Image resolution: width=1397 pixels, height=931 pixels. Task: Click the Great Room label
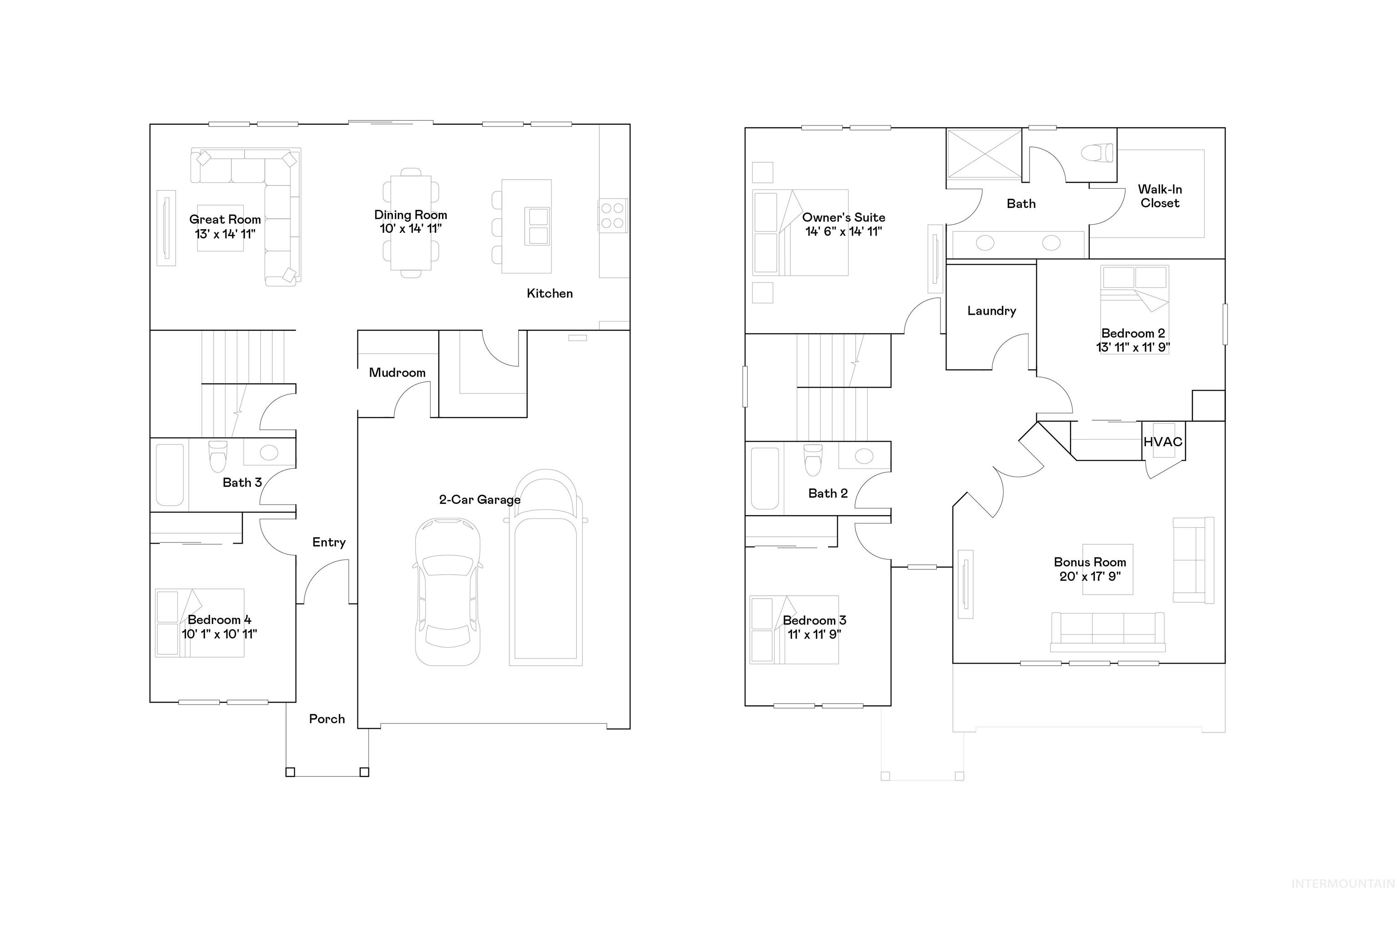pos(225,219)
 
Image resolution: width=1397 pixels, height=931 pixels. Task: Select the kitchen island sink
pos(538,226)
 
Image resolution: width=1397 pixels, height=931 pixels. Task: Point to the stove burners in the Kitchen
pos(612,216)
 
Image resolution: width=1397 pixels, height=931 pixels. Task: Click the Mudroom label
pos(397,372)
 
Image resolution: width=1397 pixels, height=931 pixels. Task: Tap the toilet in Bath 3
pos(217,456)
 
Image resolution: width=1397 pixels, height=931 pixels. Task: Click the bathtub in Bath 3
pos(169,474)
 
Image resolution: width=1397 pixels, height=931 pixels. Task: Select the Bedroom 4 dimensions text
pos(219,634)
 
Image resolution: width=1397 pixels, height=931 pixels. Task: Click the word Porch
pos(327,719)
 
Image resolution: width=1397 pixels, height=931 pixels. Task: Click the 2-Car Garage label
pos(479,499)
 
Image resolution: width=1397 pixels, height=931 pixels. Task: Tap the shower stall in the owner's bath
pos(983,154)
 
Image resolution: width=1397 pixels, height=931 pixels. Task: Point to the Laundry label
pos(991,311)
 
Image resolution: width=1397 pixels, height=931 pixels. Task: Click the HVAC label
pos(1162,442)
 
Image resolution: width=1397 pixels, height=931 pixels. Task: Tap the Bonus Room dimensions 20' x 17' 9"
pos(1090,576)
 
